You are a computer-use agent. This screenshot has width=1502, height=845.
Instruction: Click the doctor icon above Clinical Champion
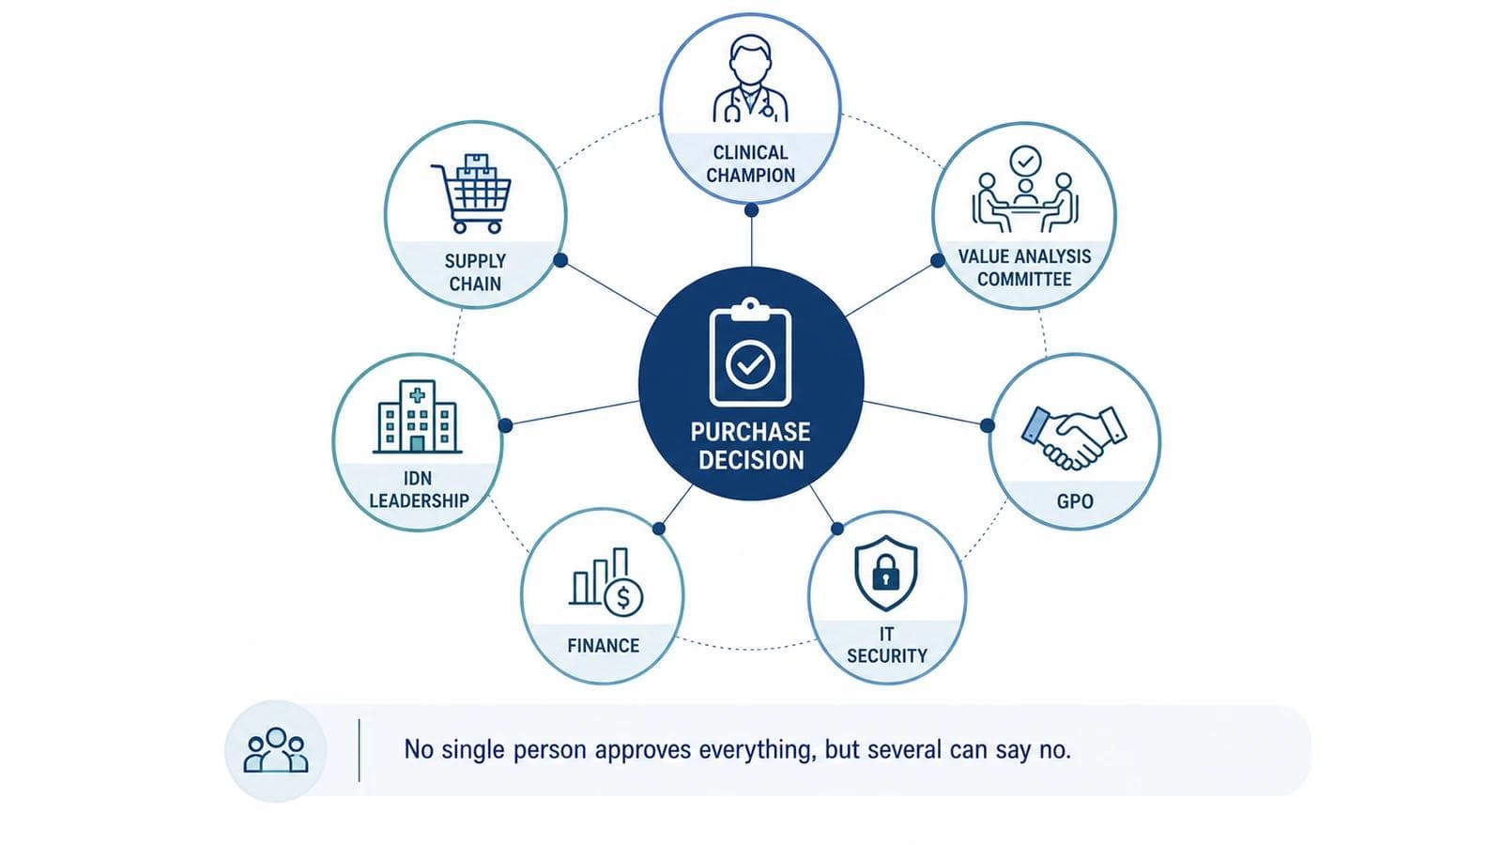click(x=750, y=79)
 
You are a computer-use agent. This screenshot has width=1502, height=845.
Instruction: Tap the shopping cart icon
click(x=471, y=193)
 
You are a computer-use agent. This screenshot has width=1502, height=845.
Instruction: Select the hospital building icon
click(x=417, y=417)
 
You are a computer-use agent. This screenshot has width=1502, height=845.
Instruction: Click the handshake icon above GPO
click(x=1074, y=438)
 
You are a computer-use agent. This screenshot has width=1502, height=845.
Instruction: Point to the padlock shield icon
click(x=886, y=573)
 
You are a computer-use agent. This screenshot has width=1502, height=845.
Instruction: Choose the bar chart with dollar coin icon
click(x=606, y=582)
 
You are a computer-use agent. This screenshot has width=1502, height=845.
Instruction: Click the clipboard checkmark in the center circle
click(x=750, y=353)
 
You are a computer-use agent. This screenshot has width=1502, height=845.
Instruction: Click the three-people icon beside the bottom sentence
click(x=276, y=750)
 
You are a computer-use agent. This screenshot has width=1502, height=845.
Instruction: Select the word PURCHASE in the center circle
click(x=750, y=432)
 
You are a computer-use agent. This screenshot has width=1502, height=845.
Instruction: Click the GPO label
click(x=1075, y=501)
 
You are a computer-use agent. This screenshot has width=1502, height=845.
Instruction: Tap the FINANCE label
click(x=603, y=645)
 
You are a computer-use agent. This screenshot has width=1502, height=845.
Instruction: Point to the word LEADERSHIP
click(x=419, y=501)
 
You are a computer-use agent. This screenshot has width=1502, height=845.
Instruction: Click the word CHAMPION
click(x=750, y=175)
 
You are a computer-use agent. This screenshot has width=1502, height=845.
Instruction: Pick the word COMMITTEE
click(x=1024, y=279)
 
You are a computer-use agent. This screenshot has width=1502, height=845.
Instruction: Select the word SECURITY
click(x=886, y=655)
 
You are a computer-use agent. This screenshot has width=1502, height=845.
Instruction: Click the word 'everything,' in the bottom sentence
click(x=758, y=750)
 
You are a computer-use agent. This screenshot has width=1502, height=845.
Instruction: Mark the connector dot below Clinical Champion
click(x=752, y=210)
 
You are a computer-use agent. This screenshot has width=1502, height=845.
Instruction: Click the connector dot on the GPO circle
click(x=987, y=425)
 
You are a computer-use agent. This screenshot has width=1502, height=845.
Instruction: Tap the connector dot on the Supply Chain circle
click(x=560, y=260)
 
